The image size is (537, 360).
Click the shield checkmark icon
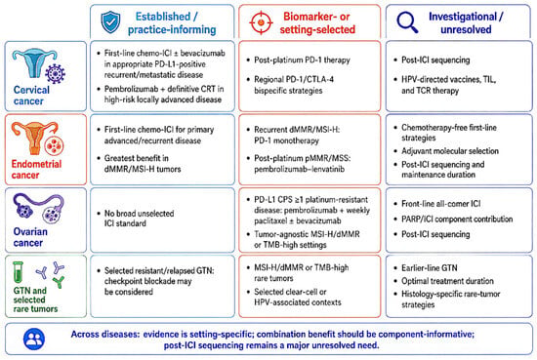coord(110,21)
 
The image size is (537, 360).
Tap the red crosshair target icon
coord(261,22)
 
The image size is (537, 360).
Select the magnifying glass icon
coord(407,22)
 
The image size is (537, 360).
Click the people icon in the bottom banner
coord(34,339)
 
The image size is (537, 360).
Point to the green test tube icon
coord(18,272)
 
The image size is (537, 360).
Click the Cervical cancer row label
coord(31,96)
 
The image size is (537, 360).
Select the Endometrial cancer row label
coord(36,169)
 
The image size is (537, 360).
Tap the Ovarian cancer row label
coord(30,237)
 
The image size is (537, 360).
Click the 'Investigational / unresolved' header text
coord(466,23)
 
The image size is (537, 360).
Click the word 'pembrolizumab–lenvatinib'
coord(300,169)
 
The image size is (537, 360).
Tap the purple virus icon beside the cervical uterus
coord(55,73)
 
